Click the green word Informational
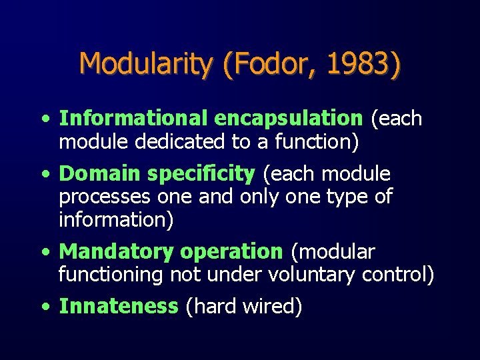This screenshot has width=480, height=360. click(134, 119)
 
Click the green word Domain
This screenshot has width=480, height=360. click(100, 175)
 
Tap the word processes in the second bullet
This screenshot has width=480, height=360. click(105, 197)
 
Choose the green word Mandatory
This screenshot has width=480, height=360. click(115, 252)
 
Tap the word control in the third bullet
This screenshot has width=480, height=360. click(397, 275)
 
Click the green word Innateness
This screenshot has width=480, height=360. click(119, 307)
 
